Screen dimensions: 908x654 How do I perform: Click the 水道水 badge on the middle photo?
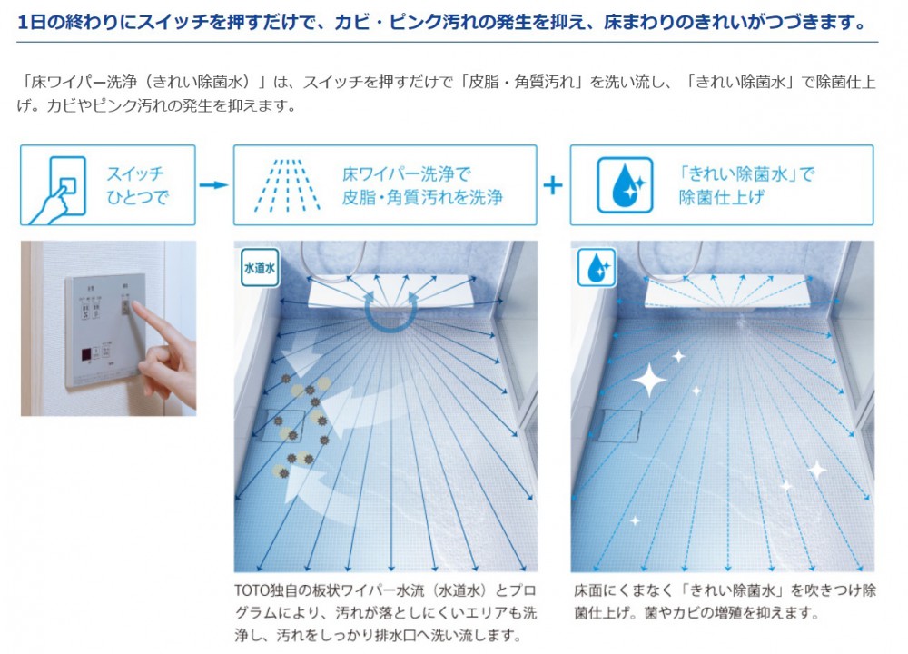[x=260, y=268]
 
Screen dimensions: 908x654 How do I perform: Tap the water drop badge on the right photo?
[x=597, y=268]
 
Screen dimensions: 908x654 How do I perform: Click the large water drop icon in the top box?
[x=626, y=185]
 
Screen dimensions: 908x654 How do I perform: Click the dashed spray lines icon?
[x=287, y=185]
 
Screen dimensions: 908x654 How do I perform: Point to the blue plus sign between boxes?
[x=553, y=185]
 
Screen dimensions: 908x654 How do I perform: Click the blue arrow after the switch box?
[x=213, y=184]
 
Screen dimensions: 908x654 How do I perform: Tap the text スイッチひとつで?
[x=137, y=185]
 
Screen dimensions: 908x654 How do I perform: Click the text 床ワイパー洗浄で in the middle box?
[x=407, y=173]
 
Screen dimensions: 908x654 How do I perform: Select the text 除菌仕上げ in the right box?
[x=722, y=197]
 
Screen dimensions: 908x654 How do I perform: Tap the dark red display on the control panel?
[x=85, y=354]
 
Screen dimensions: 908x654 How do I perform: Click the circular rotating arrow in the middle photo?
[x=390, y=312]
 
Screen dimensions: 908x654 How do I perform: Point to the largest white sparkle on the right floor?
[x=649, y=380]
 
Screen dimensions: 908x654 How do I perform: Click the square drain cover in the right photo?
[x=621, y=426]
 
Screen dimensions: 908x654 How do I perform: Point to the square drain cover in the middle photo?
[x=283, y=426]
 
